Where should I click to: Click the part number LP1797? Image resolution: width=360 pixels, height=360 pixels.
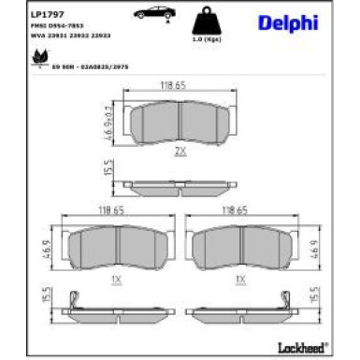[x=45, y=14]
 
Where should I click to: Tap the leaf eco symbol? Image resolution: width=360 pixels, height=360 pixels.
[x=38, y=56]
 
